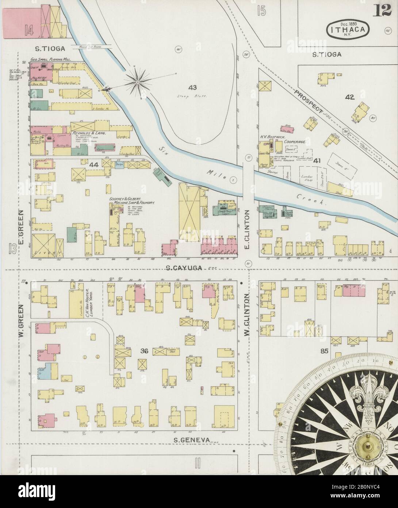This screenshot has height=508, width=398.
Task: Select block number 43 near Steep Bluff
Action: (193, 88)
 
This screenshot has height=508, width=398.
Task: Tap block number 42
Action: (349, 97)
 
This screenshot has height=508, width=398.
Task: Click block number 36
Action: (144, 351)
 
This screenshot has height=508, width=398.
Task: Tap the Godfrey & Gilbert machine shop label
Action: (133, 200)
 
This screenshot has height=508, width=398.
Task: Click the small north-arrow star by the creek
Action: (138, 83)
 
